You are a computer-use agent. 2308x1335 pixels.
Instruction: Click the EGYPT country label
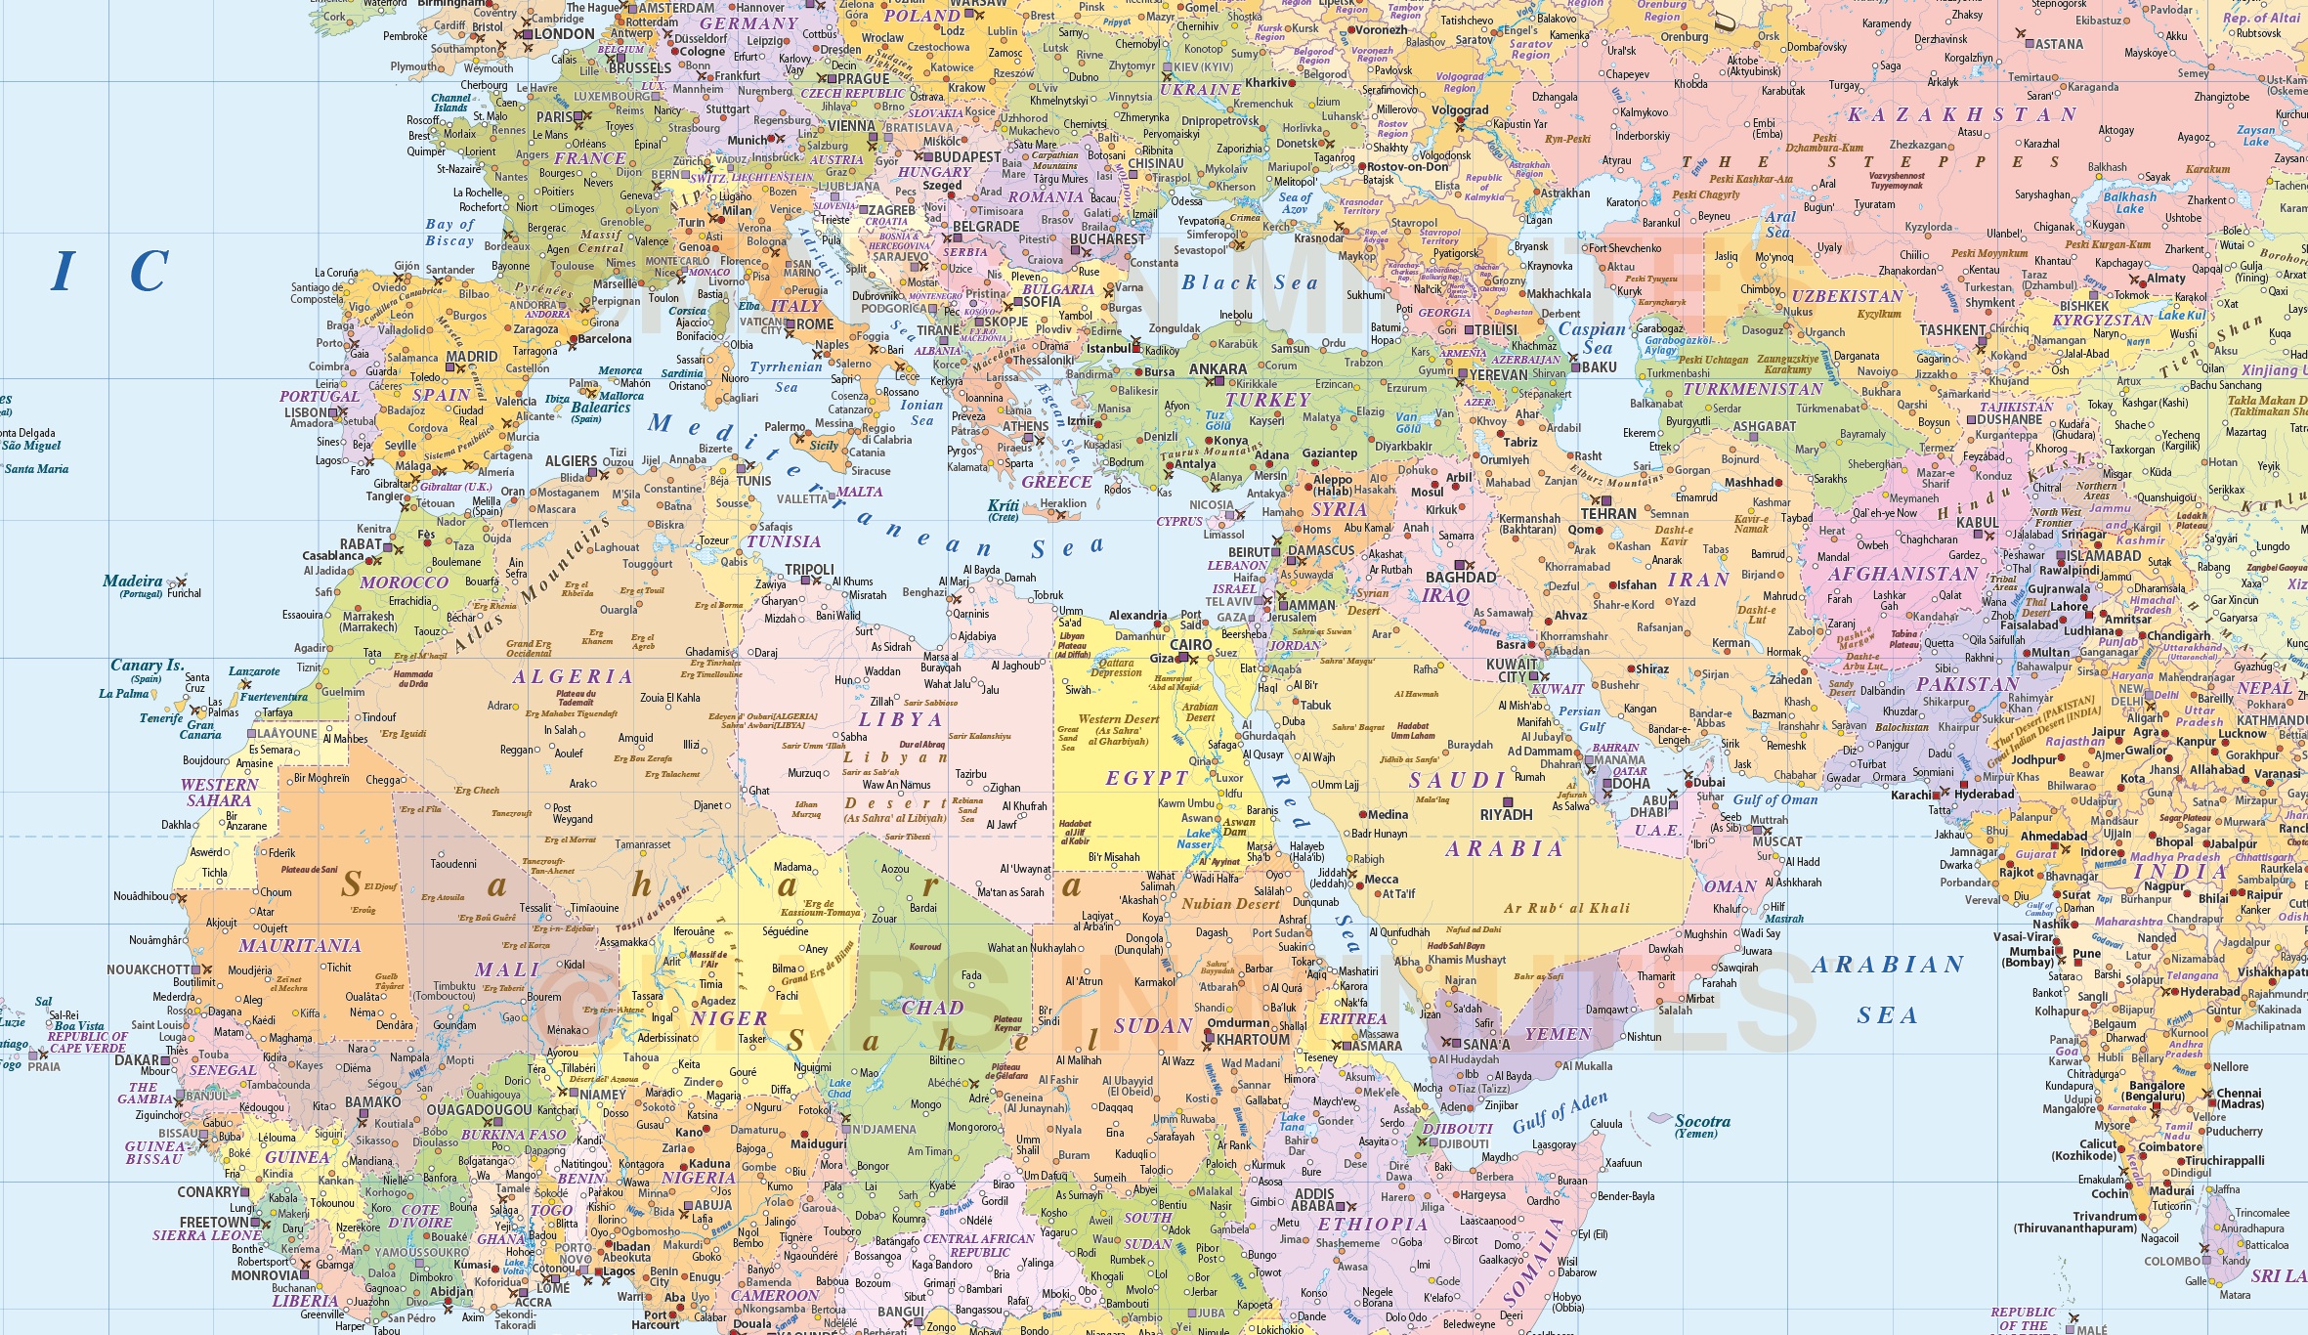[x=1146, y=779]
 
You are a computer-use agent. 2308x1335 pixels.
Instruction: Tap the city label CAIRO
[x=1190, y=645]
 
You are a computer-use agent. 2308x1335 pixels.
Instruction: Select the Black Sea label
[x=1249, y=283]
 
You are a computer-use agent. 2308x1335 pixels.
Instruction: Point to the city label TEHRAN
[x=1608, y=514]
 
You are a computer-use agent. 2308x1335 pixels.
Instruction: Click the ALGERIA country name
[x=573, y=677]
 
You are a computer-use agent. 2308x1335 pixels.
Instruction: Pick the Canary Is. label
[x=147, y=666]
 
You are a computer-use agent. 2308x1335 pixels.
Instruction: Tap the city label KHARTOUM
[x=1254, y=1040]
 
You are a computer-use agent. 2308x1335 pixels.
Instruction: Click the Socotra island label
[x=1702, y=1122]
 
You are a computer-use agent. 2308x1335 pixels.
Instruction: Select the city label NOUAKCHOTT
[x=149, y=969]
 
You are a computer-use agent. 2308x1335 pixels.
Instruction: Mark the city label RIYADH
[x=1506, y=815]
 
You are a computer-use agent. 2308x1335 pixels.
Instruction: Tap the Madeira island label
[x=133, y=581]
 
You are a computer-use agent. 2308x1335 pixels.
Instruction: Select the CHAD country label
[x=932, y=1008]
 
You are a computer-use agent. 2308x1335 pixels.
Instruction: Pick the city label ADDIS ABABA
[x=1313, y=1200]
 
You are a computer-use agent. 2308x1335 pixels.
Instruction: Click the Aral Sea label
[x=1778, y=225]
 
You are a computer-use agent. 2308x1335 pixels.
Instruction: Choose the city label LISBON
[x=309, y=412]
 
